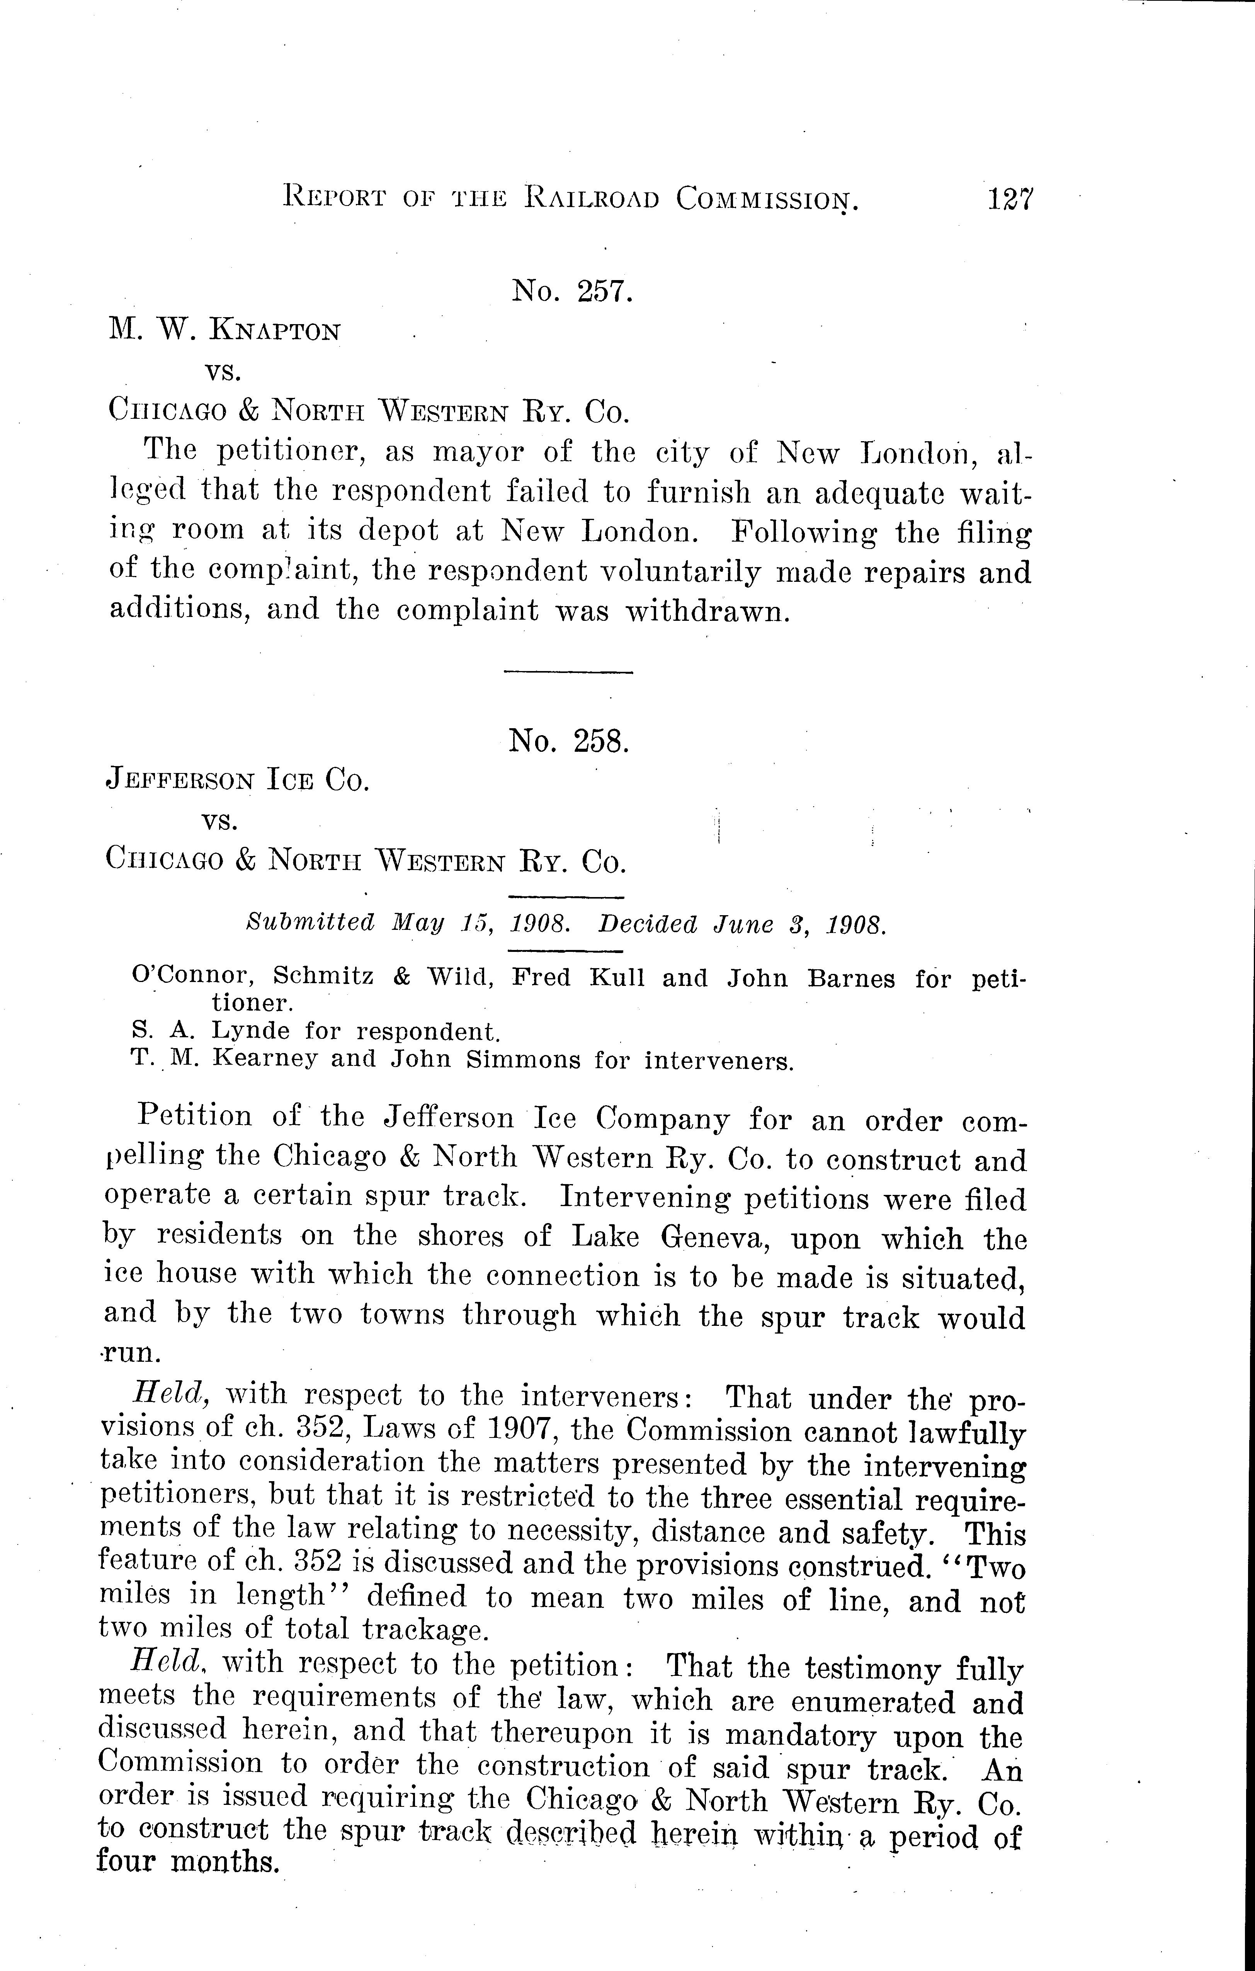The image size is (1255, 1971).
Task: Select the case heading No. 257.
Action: (572, 291)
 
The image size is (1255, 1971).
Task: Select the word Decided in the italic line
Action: (648, 925)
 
